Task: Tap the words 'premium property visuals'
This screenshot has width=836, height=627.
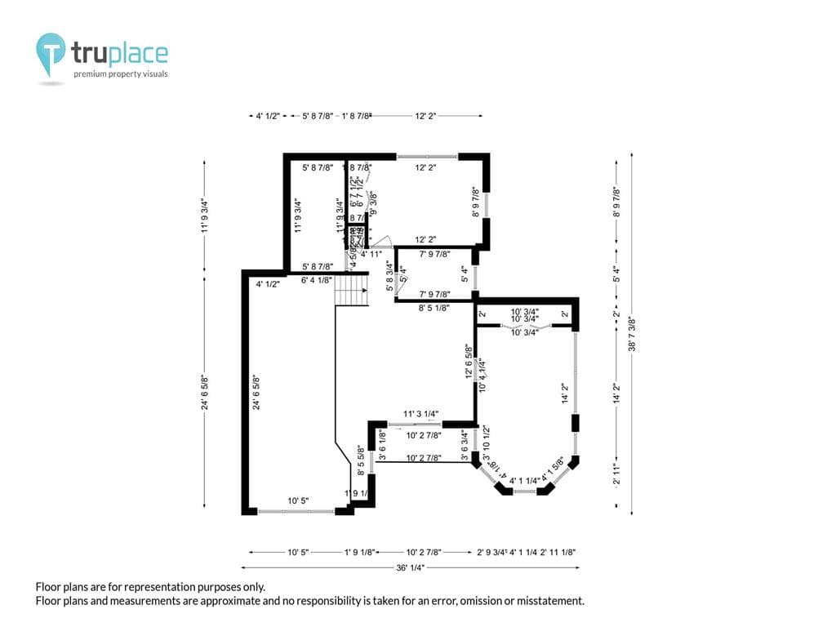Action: point(121,74)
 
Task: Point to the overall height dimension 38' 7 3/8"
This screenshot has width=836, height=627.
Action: point(633,334)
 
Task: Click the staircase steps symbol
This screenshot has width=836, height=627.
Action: point(352,290)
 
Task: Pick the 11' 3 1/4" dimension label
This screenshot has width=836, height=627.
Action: point(421,414)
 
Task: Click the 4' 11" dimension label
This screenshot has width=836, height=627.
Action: point(372,254)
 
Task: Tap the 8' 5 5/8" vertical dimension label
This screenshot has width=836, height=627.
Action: point(360,460)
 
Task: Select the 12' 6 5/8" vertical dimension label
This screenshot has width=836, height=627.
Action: point(469,362)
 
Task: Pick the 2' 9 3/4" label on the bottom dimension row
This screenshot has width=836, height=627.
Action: point(491,553)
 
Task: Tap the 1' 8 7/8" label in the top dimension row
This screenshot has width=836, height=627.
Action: point(357,117)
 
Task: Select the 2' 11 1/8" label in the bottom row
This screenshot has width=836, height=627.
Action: point(558,553)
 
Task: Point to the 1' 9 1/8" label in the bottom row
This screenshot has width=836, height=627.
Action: point(359,553)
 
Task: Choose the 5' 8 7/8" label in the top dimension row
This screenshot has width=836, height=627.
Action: point(318,117)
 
